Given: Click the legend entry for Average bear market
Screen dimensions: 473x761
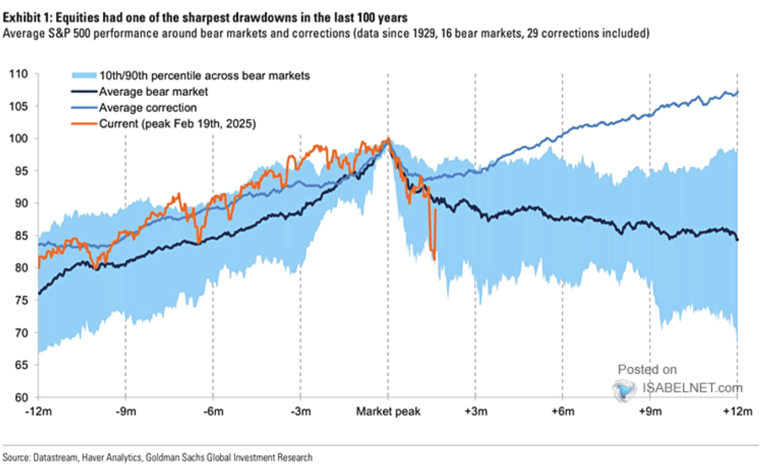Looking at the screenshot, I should click(150, 91).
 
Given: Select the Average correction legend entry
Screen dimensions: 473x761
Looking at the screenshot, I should click(147, 108).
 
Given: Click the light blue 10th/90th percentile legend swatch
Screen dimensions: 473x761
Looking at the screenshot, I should click(83, 75).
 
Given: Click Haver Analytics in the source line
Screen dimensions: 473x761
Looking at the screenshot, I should click(106, 458).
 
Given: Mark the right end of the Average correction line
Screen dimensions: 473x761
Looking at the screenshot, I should click(737, 91).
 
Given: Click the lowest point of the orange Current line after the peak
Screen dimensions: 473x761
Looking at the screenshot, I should click(435, 259).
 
